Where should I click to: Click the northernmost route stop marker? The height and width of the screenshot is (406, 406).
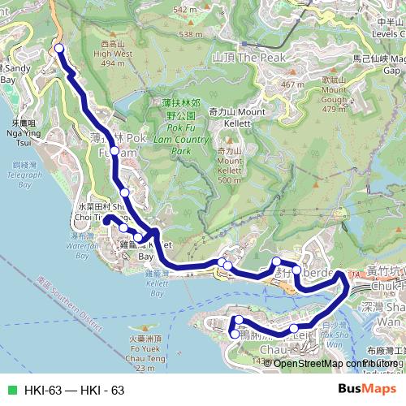[x=59, y=50]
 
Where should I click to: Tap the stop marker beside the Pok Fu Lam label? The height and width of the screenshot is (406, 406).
[x=115, y=152]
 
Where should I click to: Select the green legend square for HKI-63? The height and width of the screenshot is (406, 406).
[x=11, y=391]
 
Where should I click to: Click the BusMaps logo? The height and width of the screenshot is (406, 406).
[x=367, y=390]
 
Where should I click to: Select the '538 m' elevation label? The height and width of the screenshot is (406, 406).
[x=191, y=35]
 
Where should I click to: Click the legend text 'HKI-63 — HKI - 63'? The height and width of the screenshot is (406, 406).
[x=74, y=391]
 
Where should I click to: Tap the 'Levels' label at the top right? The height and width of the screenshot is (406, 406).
[x=387, y=34]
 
